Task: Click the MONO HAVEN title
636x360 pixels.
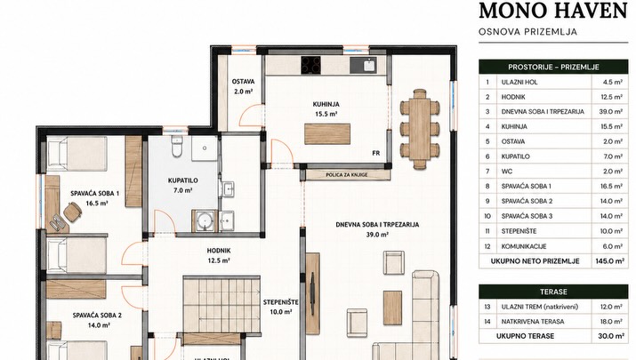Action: point(553,11)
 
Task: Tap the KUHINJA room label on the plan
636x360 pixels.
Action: point(326,104)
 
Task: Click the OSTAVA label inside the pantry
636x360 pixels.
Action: point(244,82)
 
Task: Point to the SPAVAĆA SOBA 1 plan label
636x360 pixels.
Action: point(95,194)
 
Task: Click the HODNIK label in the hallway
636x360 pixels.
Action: point(219,251)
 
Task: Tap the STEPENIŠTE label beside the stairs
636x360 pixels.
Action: point(281,302)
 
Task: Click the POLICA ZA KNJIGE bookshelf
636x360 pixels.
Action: point(347,175)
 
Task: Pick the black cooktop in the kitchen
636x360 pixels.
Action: point(310,65)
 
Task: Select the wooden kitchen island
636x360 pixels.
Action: point(327,134)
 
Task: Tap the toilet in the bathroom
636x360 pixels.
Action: point(177,146)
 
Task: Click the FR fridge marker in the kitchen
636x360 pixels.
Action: point(376,153)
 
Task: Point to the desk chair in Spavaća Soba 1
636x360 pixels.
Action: point(73,212)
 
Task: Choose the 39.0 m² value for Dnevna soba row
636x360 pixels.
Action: point(611,111)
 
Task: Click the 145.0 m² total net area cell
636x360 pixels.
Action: point(610,261)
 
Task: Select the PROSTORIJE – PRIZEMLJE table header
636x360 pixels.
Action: point(553,67)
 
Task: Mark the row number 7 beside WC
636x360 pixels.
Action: point(487,171)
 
